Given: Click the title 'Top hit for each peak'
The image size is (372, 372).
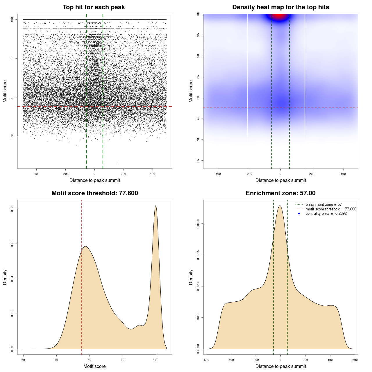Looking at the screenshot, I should coord(94,7).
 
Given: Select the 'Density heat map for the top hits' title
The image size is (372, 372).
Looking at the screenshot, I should coord(280,7).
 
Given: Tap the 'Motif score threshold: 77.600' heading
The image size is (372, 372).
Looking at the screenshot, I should coord(94,193).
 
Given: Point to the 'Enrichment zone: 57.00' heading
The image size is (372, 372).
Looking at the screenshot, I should coord(280,193).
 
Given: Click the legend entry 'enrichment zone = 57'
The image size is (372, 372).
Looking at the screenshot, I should coord(323,205).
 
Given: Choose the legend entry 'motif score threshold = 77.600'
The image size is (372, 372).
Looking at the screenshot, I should coord(331,209).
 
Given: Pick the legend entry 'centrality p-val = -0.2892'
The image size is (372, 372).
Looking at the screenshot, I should coord(326,214).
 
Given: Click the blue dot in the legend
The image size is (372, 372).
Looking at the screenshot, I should coord(299,214).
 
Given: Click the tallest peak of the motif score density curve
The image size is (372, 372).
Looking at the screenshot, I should coord(156,206).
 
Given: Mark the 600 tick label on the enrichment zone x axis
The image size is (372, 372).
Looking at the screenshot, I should coord(355,360).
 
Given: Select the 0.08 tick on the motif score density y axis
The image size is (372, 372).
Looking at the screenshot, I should coord(12,209).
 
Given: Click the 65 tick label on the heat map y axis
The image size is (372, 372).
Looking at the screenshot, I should coord(198,160).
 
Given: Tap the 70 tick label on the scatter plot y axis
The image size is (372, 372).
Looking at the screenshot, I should coord(12,136).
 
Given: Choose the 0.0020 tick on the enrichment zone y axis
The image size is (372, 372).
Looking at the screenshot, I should coord(198,224).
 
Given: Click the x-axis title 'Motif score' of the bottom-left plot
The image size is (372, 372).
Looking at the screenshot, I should coord(94,366).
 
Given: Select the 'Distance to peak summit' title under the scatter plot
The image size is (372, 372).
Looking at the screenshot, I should coord(95,180).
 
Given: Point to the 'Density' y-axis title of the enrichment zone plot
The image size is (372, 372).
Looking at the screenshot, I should coord(191,277).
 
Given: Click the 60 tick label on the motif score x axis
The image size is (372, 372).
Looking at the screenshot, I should coord(23,360).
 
